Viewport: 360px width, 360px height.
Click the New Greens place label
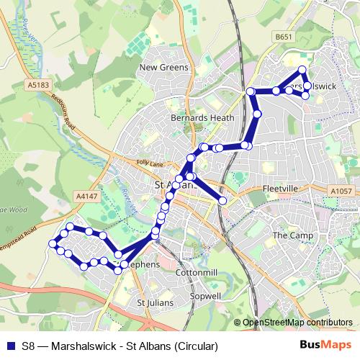(x=163, y=68)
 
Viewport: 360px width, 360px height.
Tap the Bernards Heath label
(x=192, y=117)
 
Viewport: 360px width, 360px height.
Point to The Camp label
(x=290, y=235)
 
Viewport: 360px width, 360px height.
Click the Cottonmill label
(x=197, y=274)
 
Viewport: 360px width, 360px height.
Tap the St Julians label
(x=155, y=303)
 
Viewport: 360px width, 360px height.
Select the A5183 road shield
(x=40, y=85)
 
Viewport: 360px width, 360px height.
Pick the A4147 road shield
(x=85, y=195)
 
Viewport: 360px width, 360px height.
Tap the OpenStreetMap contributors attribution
(x=298, y=323)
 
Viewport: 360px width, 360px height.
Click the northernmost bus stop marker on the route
(x=302, y=70)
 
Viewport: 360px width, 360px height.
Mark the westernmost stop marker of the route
(x=53, y=244)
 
